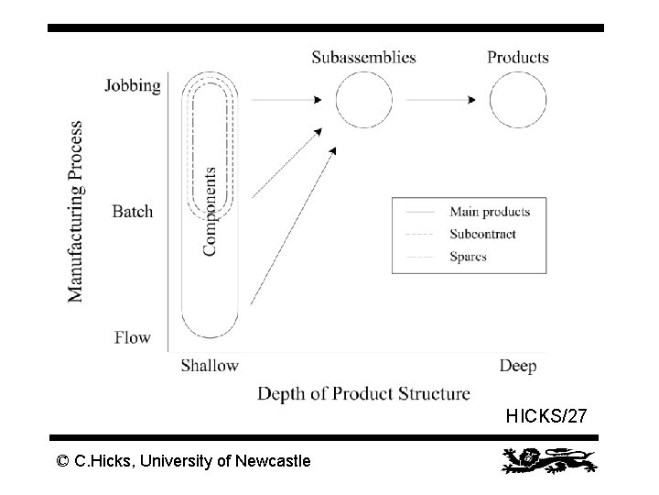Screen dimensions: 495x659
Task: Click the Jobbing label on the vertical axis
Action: coord(133,86)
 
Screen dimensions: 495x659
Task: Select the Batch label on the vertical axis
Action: coord(133,212)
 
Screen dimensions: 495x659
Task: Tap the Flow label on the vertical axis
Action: coord(133,337)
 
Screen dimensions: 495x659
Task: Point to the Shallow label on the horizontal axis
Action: coord(210,366)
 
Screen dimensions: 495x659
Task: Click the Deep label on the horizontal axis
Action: coord(518,366)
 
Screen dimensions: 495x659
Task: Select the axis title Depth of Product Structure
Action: coord(363,394)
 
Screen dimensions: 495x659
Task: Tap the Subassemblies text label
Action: coord(363,57)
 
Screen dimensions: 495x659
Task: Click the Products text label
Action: coord(518,57)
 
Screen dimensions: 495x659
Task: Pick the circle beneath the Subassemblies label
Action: coord(364,99)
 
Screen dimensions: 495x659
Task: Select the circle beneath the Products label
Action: coord(518,99)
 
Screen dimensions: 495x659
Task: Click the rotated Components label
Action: coord(211,211)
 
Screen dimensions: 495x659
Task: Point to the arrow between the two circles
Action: coord(441,99)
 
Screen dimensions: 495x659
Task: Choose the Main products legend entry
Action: coord(490,212)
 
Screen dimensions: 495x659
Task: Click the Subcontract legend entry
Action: coord(482,234)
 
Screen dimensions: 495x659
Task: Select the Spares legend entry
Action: coord(468,257)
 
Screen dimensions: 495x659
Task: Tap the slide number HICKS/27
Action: coord(546,417)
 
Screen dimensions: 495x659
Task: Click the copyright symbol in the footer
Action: coord(62,461)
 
